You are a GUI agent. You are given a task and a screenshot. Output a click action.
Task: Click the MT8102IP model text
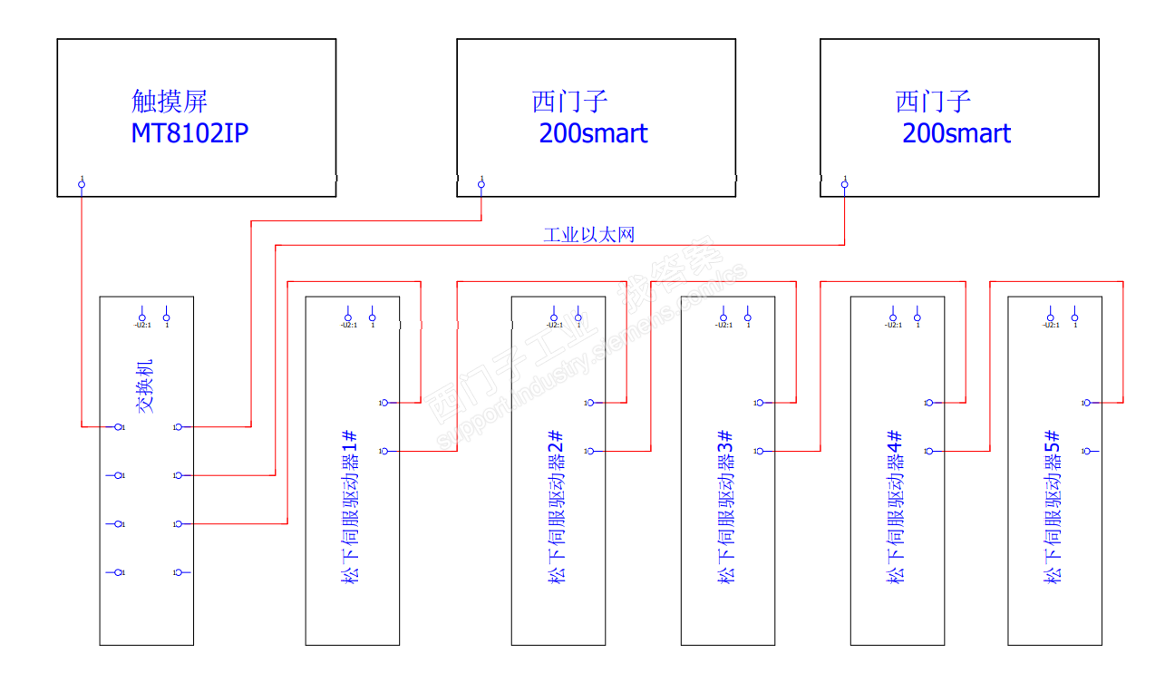coord(189,133)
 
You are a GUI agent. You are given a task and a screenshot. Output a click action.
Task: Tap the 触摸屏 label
coord(170,101)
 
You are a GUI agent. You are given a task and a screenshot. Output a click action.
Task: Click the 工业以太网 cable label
coord(588,235)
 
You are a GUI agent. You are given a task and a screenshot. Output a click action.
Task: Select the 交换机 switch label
coord(145,387)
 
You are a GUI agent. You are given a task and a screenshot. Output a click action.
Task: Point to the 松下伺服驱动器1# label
coord(350,507)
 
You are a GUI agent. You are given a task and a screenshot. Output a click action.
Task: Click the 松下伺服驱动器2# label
coord(557,507)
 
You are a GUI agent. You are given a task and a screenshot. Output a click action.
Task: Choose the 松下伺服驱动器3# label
coord(726,507)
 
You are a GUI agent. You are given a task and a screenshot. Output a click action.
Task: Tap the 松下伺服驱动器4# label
coord(896,507)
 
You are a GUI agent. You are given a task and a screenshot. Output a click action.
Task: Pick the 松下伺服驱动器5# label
coord(1053,507)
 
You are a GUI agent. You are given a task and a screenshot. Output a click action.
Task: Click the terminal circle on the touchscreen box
coord(82,185)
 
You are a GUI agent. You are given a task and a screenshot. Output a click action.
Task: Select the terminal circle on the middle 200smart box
coord(481,185)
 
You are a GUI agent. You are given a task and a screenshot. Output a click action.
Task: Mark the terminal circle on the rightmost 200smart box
coord(845,185)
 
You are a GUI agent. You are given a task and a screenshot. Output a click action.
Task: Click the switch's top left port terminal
coord(118,426)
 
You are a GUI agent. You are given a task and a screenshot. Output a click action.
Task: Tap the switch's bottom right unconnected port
coord(179,571)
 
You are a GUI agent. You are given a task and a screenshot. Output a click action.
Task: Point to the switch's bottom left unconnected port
coord(118,571)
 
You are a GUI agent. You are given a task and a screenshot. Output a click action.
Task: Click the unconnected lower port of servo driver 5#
coord(1086,451)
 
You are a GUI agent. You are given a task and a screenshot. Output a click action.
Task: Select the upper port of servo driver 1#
coord(385,403)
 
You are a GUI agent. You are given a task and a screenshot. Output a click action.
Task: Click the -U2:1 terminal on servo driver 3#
coord(723,317)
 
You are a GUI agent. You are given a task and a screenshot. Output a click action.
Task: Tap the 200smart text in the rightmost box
coord(956,133)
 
